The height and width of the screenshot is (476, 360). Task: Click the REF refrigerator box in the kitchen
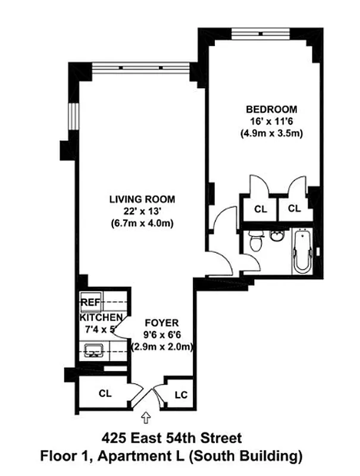[x=90, y=301]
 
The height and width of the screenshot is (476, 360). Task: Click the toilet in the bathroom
[x=255, y=241]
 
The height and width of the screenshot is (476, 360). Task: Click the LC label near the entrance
[x=181, y=394]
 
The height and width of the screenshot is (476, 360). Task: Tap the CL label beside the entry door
[x=105, y=394]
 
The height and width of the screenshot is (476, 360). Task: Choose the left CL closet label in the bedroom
[x=260, y=209]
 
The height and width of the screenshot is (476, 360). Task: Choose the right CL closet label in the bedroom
[x=293, y=209]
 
